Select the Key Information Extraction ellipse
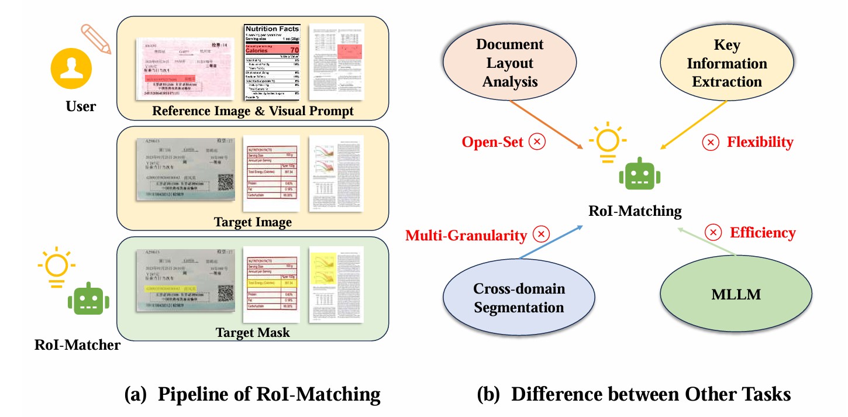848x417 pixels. click(x=726, y=63)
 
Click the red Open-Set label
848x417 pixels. click(x=493, y=142)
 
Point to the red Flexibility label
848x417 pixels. click(x=760, y=142)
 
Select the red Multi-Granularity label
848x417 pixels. click(x=466, y=235)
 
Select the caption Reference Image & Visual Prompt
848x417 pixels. click(x=252, y=111)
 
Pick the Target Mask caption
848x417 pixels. click(x=252, y=333)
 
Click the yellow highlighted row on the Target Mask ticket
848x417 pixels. click(x=170, y=289)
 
